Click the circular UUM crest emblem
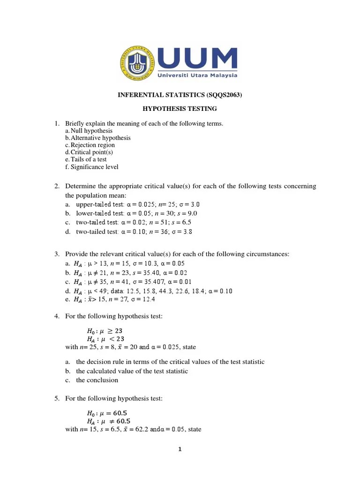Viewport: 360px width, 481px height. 136,62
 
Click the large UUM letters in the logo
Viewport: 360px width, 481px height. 197,58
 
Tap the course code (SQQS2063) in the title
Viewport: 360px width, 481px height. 225,95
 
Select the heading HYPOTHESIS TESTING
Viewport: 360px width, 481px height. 180,109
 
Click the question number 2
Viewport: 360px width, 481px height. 56,186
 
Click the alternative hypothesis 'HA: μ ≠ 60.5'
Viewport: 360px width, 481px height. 109,421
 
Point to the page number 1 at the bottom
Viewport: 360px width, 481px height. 180,449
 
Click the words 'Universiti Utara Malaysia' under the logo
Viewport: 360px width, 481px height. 197,75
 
